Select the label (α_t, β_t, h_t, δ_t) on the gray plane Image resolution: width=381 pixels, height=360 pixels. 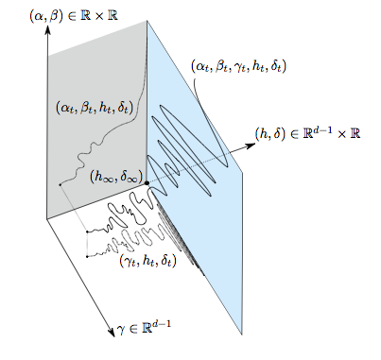coord(95,109)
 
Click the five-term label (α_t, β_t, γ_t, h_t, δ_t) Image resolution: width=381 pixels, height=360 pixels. coord(238,66)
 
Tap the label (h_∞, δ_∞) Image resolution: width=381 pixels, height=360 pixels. coord(116,176)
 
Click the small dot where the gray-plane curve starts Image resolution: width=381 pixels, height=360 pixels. coord(60,182)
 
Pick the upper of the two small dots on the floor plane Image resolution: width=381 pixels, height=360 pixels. coord(87,231)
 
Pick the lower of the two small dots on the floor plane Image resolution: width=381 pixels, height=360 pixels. coord(87,255)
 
